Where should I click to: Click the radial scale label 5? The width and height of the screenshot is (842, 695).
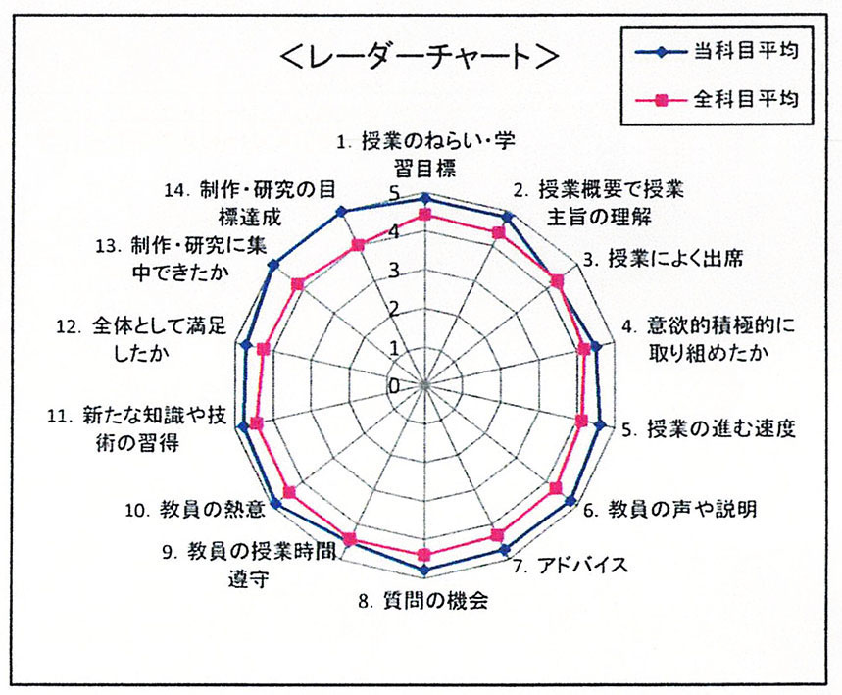395,194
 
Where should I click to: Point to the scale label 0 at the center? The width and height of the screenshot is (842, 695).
395,386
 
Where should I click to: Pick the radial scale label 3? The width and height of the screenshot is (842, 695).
395,271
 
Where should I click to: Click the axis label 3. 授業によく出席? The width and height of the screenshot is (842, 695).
664,259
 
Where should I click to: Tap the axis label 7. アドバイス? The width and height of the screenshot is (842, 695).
570,566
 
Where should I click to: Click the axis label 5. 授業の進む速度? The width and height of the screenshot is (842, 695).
709,429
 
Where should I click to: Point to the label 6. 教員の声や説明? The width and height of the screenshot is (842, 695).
670,508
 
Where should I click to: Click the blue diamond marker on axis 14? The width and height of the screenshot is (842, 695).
340,211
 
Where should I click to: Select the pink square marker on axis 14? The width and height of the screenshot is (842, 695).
357,245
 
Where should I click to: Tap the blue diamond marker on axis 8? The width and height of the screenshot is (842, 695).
424,570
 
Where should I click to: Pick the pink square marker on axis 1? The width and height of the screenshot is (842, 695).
424,215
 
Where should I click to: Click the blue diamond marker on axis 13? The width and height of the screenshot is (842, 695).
274,265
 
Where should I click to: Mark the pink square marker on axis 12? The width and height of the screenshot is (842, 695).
263,349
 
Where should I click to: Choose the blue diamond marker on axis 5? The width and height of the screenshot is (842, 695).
601,425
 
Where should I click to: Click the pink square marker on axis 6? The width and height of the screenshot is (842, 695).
556,488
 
